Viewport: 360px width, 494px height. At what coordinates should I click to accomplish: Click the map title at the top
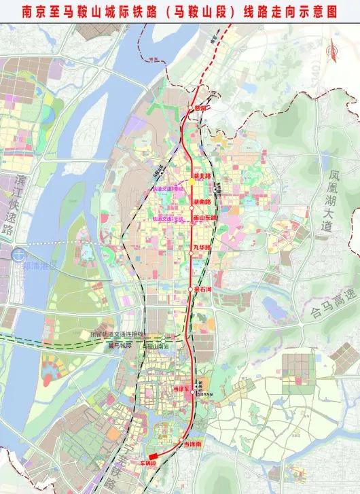click(x=180, y=12)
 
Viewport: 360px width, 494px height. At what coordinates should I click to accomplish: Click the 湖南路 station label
click(x=202, y=202)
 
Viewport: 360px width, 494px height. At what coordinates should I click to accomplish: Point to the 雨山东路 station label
click(x=204, y=218)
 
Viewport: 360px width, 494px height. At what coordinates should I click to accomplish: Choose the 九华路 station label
click(x=202, y=247)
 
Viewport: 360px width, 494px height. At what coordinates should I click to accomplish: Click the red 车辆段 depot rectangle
click(x=155, y=455)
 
